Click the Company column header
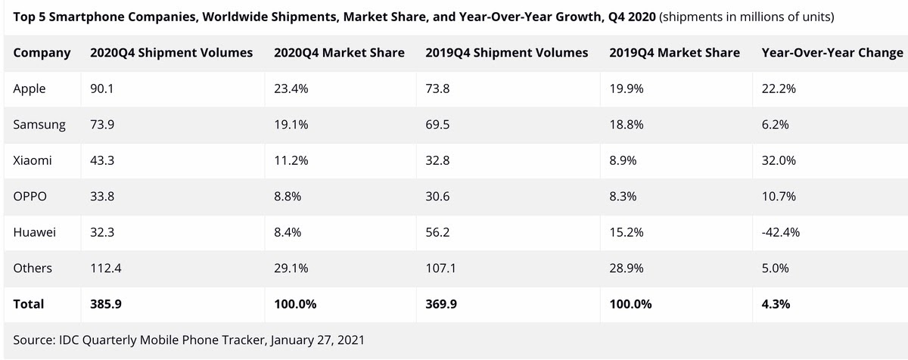click(x=42, y=53)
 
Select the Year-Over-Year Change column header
click(x=832, y=53)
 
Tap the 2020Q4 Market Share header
click(x=339, y=53)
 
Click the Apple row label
click(x=30, y=88)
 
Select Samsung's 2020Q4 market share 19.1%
click(x=291, y=125)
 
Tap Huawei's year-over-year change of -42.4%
click(x=780, y=232)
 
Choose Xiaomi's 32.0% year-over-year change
click(x=778, y=160)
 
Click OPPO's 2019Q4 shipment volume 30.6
click(x=437, y=197)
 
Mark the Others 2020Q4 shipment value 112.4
click(x=106, y=268)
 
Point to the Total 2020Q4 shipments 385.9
click(x=106, y=304)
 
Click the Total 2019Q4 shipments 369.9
click(x=442, y=304)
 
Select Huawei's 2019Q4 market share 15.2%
click(x=626, y=232)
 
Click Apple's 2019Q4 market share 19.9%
click(x=626, y=88)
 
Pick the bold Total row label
click(x=29, y=304)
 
